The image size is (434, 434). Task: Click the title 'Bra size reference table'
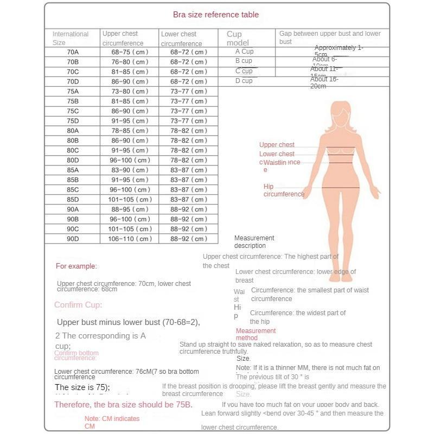[x=215, y=15]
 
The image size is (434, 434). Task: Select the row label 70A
[x=73, y=52]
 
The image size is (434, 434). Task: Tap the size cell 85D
[x=73, y=199]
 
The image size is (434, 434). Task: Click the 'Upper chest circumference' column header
[x=123, y=38]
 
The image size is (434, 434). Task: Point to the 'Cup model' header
[x=238, y=38]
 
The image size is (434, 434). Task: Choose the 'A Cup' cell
[x=244, y=52]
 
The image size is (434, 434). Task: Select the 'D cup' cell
[x=244, y=81]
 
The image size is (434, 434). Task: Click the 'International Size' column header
[x=70, y=38]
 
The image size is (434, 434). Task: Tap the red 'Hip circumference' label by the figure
[x=283, y=190]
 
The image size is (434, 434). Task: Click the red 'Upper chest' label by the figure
[x=277, y=145]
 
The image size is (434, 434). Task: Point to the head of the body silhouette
[x=341, y=112]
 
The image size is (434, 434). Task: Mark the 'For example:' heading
[x=76, y=266]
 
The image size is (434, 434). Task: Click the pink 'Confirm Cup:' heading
[x=78, y=305]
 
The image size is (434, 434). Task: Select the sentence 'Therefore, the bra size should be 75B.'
[x=123, y=405]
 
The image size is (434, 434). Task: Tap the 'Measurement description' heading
[x=254, y=241]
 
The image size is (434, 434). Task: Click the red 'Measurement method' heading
[x=256, y=334]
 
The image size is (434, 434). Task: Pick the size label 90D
[x=73, y=239]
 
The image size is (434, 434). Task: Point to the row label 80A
[x=73, y=130]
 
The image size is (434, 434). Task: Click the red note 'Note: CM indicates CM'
[x=112, y=422]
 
